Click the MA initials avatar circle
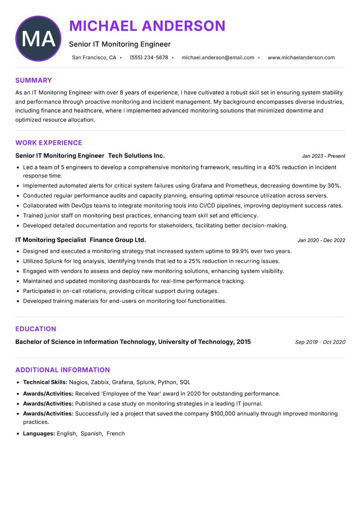(38, 39)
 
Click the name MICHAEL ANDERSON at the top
(147, 26)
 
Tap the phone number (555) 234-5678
(149, 58)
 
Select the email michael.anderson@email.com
(218, 58)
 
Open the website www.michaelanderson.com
(301, 58)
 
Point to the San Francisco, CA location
(94, 58)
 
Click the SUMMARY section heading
(34, 80)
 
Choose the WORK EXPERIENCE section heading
(49, 143)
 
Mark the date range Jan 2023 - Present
(323, 156)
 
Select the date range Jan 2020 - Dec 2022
(321, 241)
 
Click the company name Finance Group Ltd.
(118, 240)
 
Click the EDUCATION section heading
(36, 329)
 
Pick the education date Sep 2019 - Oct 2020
(320, 342)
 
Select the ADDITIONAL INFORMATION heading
(63, 370)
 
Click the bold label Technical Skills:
(45, 383)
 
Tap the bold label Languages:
(39, 434)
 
